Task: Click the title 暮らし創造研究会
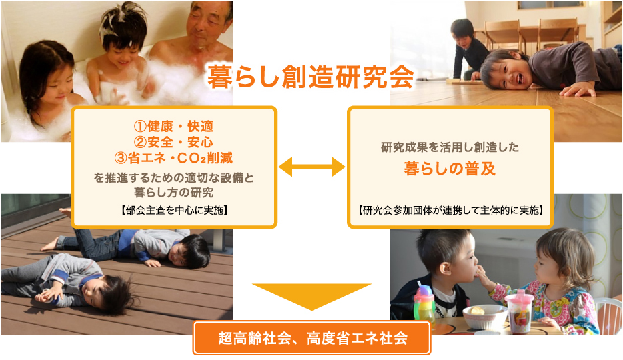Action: (x=311, y=77)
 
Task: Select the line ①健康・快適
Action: (x=173, y=126)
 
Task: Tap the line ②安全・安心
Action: (x=173, y=142)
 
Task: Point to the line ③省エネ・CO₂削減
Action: (x=173, y=158)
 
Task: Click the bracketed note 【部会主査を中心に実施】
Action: (x=174, y=210)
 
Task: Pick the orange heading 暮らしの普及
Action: (x=450, y=169)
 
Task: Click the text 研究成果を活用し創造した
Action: (x=450, y=147)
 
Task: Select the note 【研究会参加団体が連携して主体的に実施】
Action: (x=450, y=210)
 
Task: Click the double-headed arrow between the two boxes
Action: (x=312, y=167)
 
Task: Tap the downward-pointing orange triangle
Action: (x=312, y=294)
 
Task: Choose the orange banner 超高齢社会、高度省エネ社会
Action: (x=312, y=338)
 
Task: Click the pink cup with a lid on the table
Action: (x=519, y=312)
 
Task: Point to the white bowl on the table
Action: (x=485, y=317)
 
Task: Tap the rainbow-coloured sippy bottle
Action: (x=424, y=303)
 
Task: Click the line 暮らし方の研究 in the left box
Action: (x=173, y=193)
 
